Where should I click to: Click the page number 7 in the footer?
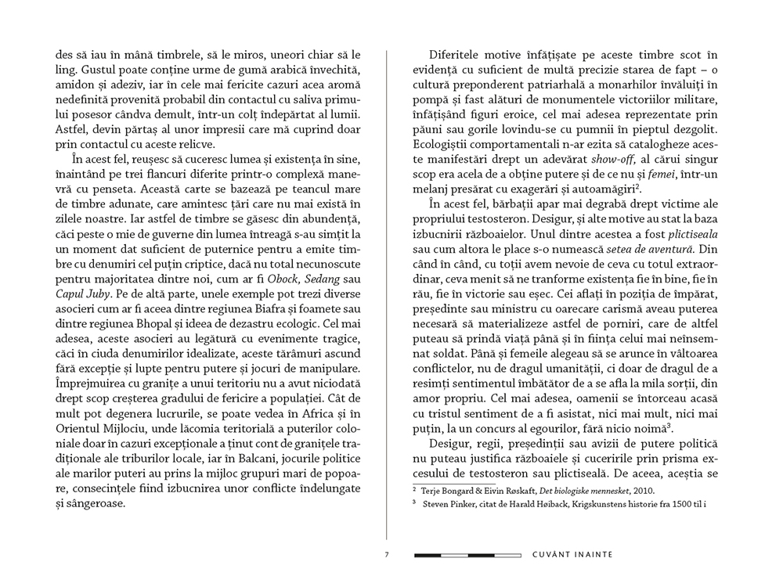pos(387,556)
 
